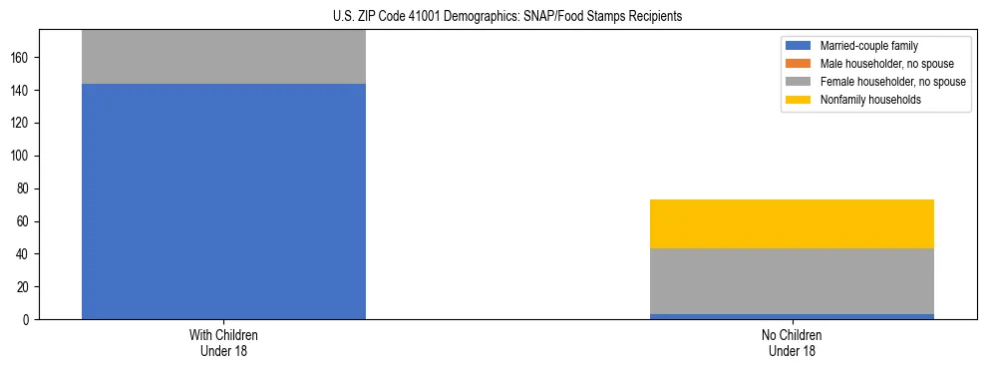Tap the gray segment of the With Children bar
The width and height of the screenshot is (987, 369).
(x=223, y=57)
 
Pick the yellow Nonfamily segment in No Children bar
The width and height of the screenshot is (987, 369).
(x=792, y=223)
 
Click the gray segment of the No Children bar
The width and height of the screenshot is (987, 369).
(x=792, y=281)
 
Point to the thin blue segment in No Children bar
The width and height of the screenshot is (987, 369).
(x=792, y=316)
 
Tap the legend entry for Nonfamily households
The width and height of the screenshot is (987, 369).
(x=870, y=100)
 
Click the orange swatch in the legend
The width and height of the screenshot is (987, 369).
(x=799, y=64)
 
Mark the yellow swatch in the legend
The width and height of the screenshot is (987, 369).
(x=799, y=100)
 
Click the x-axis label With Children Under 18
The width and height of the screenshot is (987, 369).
(x=223, y=342)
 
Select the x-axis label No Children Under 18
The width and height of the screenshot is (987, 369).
(x=792, y=342)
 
